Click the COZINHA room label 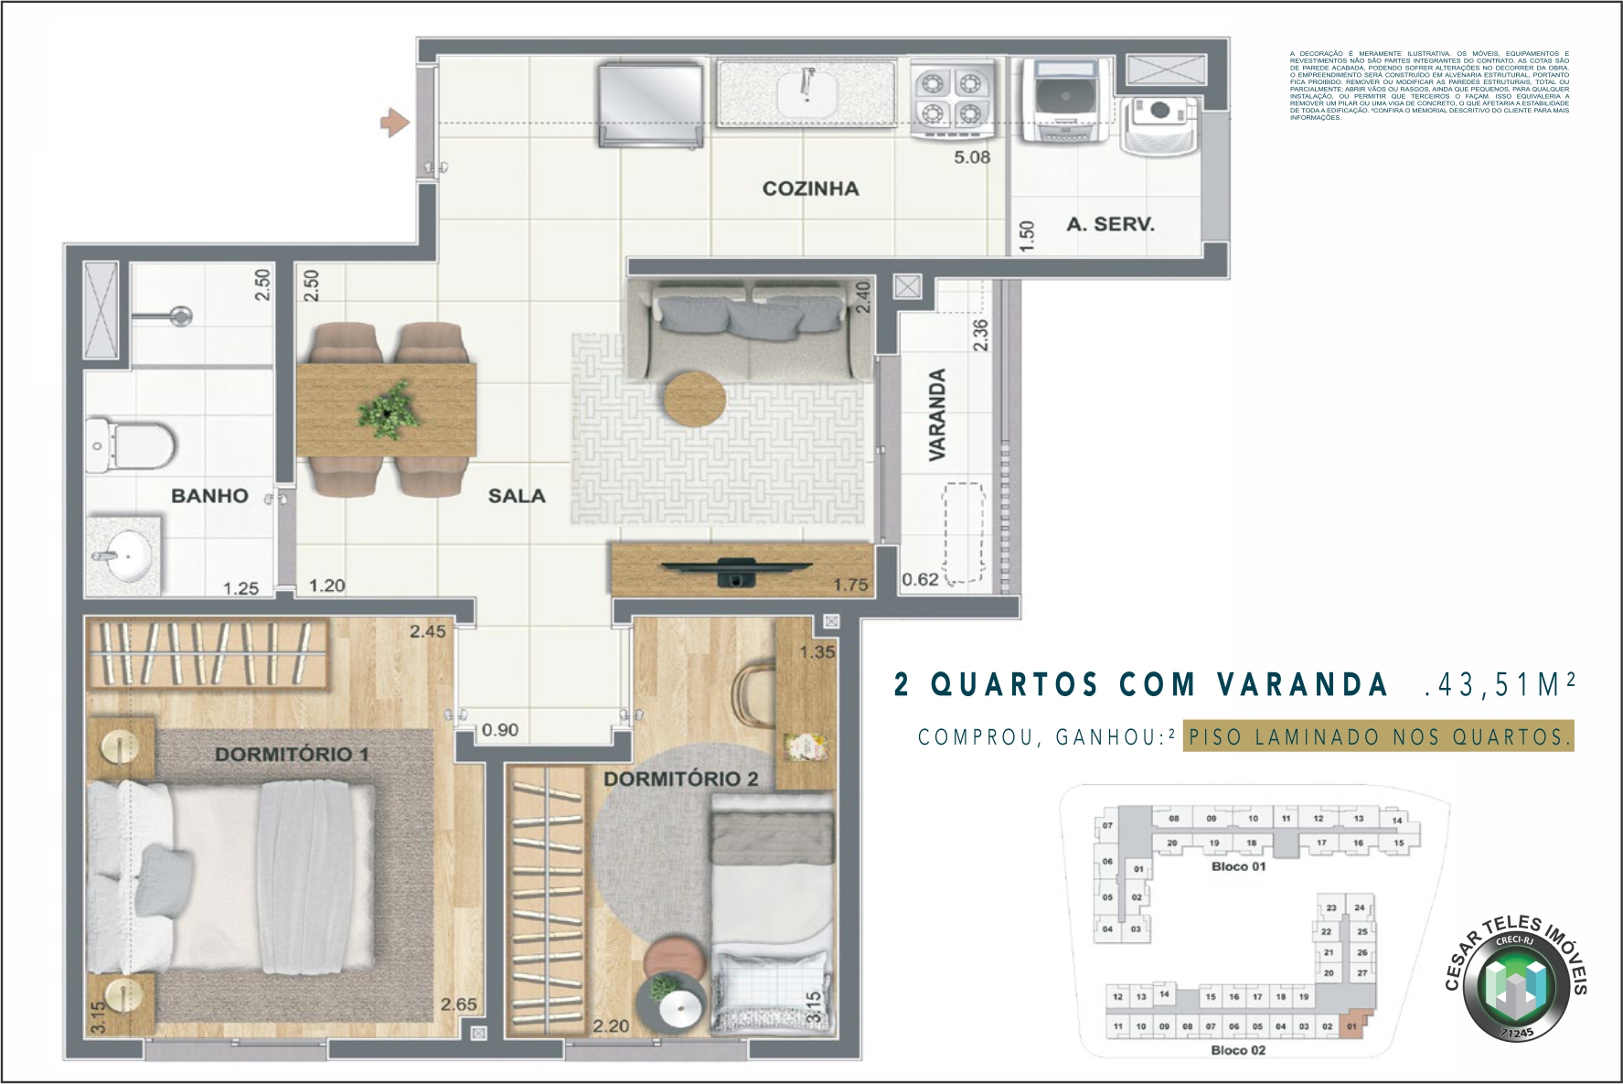[810, 189]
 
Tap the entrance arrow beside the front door [394, 123]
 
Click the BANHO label [209, 496]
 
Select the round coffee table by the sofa [695, 399]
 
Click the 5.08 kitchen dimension [971, 157]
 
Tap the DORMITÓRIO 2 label [680, 779]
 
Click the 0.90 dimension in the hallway [499, 730]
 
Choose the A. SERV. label [1110, 224]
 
